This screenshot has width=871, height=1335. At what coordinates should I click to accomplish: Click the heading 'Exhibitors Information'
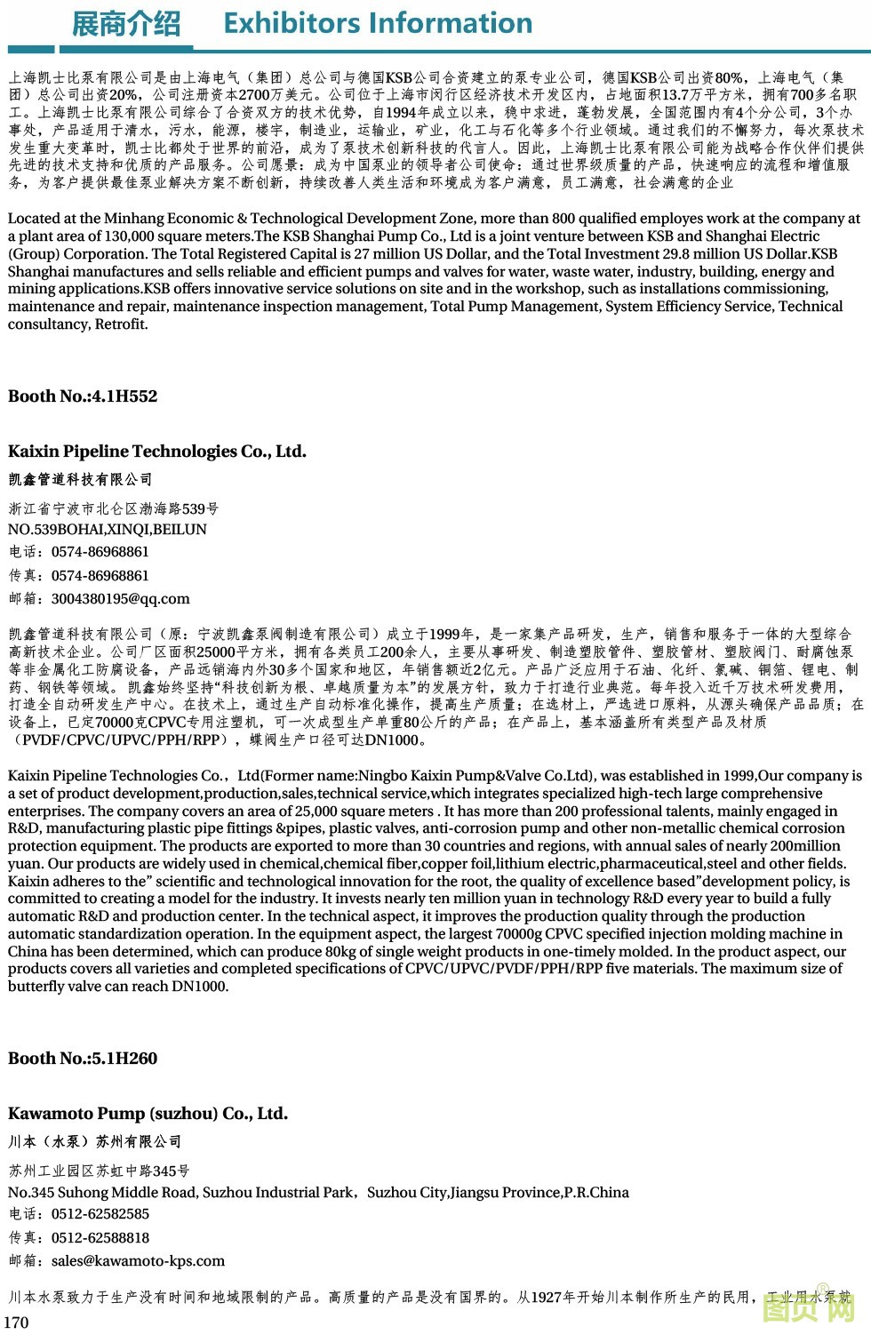click(378, 23)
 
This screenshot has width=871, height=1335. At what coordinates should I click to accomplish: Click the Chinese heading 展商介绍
click(125, 24)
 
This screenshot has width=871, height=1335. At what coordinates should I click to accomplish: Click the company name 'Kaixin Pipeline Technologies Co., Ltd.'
click(157, 452)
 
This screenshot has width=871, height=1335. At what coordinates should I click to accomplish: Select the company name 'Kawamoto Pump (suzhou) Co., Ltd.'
click(148, 1114)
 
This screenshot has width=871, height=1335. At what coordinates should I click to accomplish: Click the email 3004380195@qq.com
click(121, 599)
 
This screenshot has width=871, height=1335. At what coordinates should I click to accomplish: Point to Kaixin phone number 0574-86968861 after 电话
click(100, 552)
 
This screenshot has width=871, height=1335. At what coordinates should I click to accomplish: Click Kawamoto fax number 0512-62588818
click(100, 1238)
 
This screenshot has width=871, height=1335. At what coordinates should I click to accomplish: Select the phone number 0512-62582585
click(100, 1214)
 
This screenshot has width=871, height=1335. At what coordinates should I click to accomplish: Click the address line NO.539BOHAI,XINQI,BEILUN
click(108, 530)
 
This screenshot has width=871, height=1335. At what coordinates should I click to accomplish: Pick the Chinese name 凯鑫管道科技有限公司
click(80, 480)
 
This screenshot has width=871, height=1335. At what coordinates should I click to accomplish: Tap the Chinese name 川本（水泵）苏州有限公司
click(94, 1142)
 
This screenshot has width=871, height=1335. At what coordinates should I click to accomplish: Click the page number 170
click(17, 1323)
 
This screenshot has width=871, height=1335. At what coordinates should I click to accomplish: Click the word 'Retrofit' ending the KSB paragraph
click(121, 324)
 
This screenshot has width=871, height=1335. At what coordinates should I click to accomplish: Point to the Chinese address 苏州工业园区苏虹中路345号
click(99, 1171)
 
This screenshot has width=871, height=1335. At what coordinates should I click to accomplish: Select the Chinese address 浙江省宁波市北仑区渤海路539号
click(113, 509)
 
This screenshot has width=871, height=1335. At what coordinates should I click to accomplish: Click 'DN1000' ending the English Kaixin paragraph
click(201, 987)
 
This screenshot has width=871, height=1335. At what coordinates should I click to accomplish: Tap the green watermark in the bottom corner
click(809, 1307)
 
